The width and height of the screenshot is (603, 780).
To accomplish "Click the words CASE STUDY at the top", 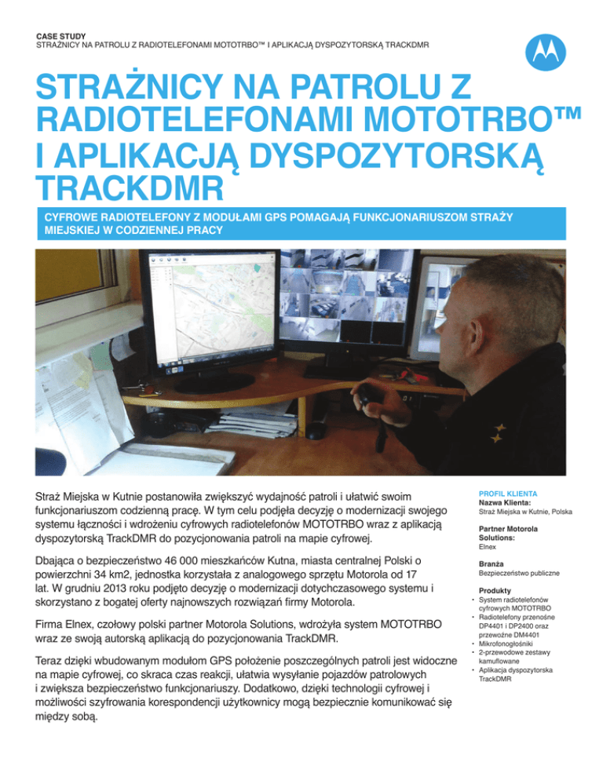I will pyautogui.click(x=64, y=35).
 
